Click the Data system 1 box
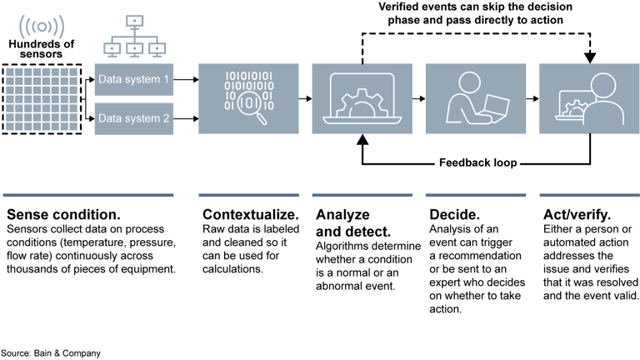[133, 81]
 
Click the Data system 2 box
[133, 118]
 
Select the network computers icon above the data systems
[133, 37]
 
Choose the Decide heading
[453, 215]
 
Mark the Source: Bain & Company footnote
[51, 353]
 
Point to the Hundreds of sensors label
[41, 49]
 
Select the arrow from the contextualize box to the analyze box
[304, 99]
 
